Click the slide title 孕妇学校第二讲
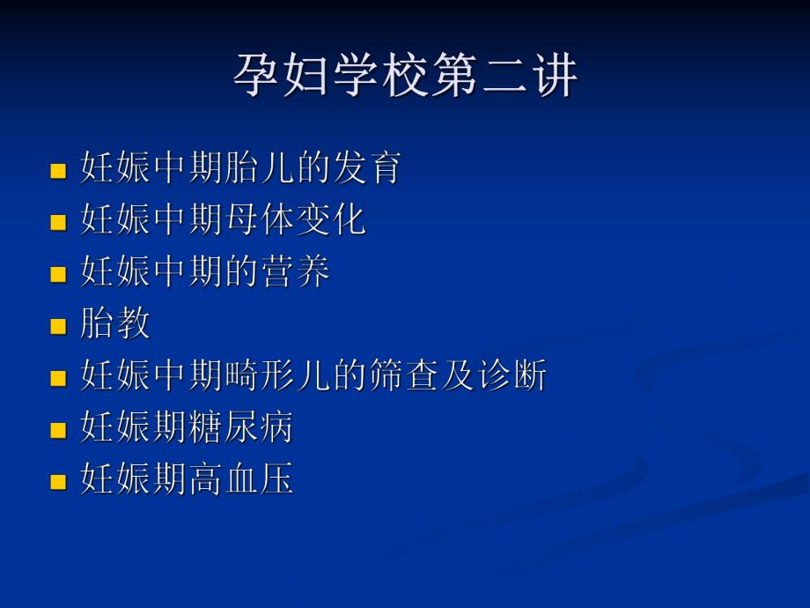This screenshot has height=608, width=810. click(405, 76)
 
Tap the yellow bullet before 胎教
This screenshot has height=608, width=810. click(59, 327)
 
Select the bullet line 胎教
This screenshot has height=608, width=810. click(115, 324)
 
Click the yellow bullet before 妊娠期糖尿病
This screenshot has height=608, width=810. click(59, 431)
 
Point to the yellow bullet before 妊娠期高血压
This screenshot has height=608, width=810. click(59, 483)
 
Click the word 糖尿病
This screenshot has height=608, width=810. click(240, 428)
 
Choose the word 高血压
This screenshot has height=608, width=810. click(240, 480)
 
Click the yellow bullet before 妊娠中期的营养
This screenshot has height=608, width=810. click(59, 275)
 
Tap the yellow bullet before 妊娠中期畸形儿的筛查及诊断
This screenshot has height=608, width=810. click(59, 379)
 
